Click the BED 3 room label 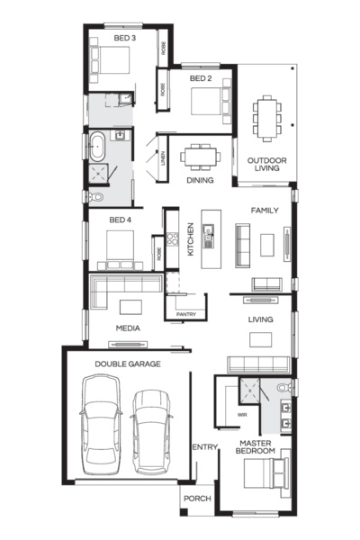click(x=125, y=38)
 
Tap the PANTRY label click(x=186, y=314)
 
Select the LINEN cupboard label click(x=163, y=158)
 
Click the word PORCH click(x=197, y=499)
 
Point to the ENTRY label click(x=204, y=447)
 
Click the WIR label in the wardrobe click(x=242, y=415)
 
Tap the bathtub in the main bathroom click(x=97, y=147)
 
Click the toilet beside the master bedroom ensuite click(x=284, y=387)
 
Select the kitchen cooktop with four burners click(x=173, y=238)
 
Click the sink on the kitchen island click(x=209, y=236)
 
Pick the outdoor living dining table click(x=267, y=119)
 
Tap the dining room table click(x=200, y=157)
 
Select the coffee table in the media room click(x=130, y=307)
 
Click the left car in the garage click(x=101, y=425)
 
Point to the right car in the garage click(x=151, y=432)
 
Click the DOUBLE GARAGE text click(x=128, y=364)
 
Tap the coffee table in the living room click(x=260, y=339)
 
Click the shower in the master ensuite click(x=249, y=390)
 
